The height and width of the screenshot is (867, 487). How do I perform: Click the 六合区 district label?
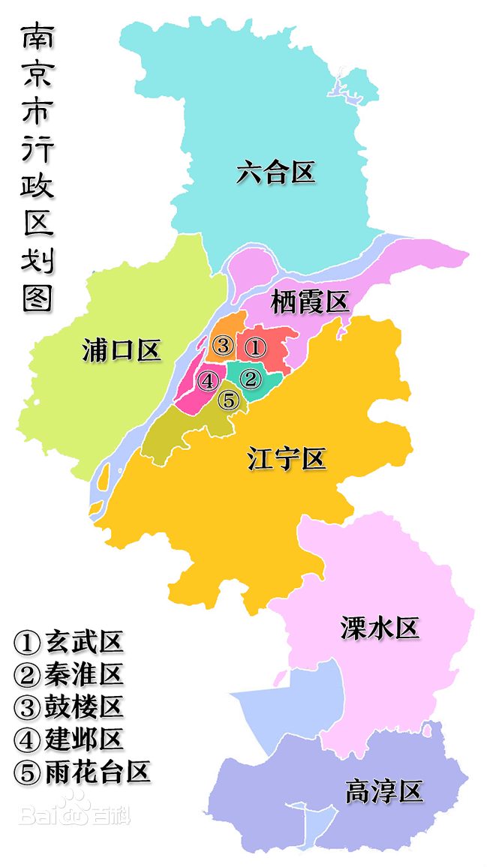pos(275,173)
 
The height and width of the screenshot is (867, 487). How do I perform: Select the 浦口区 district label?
pos(122,350)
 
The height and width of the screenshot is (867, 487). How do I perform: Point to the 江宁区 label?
pos(287,458)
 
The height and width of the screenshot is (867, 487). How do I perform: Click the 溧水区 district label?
pos(379,628)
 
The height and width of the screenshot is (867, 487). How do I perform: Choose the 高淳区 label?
pos(384,791)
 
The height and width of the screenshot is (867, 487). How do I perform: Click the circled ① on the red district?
pos(255,347)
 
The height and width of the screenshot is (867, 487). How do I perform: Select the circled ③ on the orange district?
pos(222,346)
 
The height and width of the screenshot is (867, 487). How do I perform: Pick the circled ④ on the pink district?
pos(208,381)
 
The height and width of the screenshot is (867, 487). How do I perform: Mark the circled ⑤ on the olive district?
pos(229,400)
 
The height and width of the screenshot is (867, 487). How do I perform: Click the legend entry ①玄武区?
pos(68,642)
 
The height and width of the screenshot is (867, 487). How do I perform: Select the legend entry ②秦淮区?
pos(68,674)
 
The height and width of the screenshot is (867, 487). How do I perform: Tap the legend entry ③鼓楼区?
pos(68,706)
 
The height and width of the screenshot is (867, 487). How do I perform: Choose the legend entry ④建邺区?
pos(68,739)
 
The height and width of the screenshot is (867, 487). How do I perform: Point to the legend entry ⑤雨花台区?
pos(82,772)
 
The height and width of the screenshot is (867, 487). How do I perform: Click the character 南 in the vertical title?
pos(36,38)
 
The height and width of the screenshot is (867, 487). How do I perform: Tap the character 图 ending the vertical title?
pos(36,297)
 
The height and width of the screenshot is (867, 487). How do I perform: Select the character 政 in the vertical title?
pos(36,186)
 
